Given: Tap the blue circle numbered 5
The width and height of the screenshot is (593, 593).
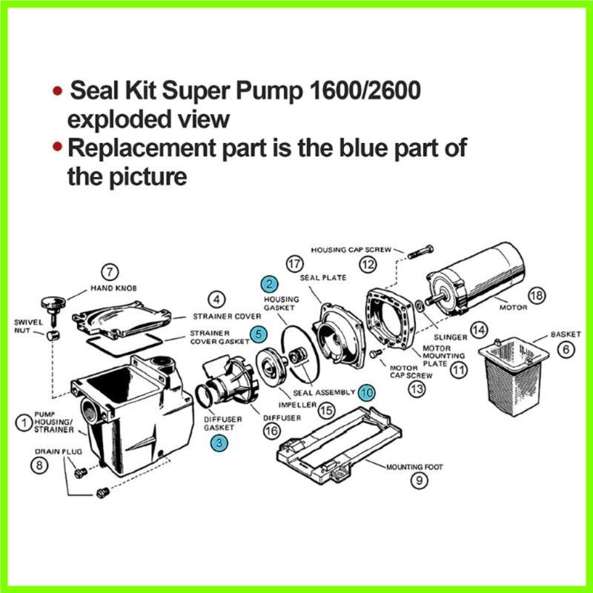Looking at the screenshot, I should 257,334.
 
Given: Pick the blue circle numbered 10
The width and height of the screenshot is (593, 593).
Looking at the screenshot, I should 365,392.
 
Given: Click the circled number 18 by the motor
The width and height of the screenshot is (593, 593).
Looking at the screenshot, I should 536,296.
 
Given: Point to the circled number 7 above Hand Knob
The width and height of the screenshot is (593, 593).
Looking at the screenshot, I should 110,272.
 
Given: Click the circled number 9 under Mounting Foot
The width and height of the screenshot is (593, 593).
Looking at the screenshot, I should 420,480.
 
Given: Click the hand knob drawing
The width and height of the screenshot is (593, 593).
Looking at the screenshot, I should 52,303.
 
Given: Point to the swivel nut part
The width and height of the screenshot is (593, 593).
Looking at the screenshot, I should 52,336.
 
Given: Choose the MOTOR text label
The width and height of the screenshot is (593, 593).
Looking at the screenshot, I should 512,306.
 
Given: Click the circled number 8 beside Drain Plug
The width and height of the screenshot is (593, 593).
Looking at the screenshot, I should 39,466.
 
